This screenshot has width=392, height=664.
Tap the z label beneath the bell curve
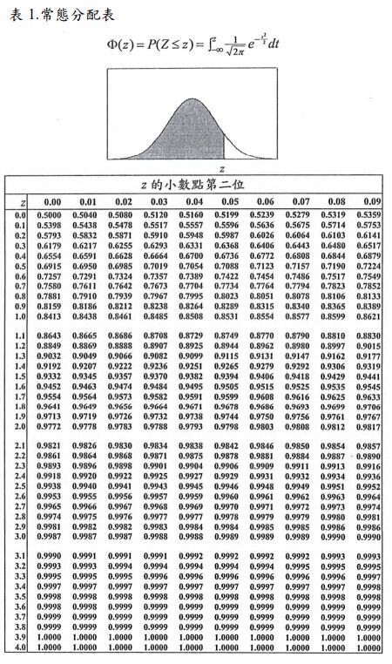pyautogui.click(x=222, y=167)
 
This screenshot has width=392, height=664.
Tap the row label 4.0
pyautogui.click(x=20, y=647)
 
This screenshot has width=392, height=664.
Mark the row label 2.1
pyautogui.click(x=20, y=445)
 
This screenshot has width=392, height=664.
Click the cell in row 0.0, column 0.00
pyautogui.click(x=52, y=214)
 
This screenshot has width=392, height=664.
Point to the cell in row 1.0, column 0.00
pyautogui.click(x=52, y=317)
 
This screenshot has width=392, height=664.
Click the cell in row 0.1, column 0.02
pyautogui.click(x=120, y=225)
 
